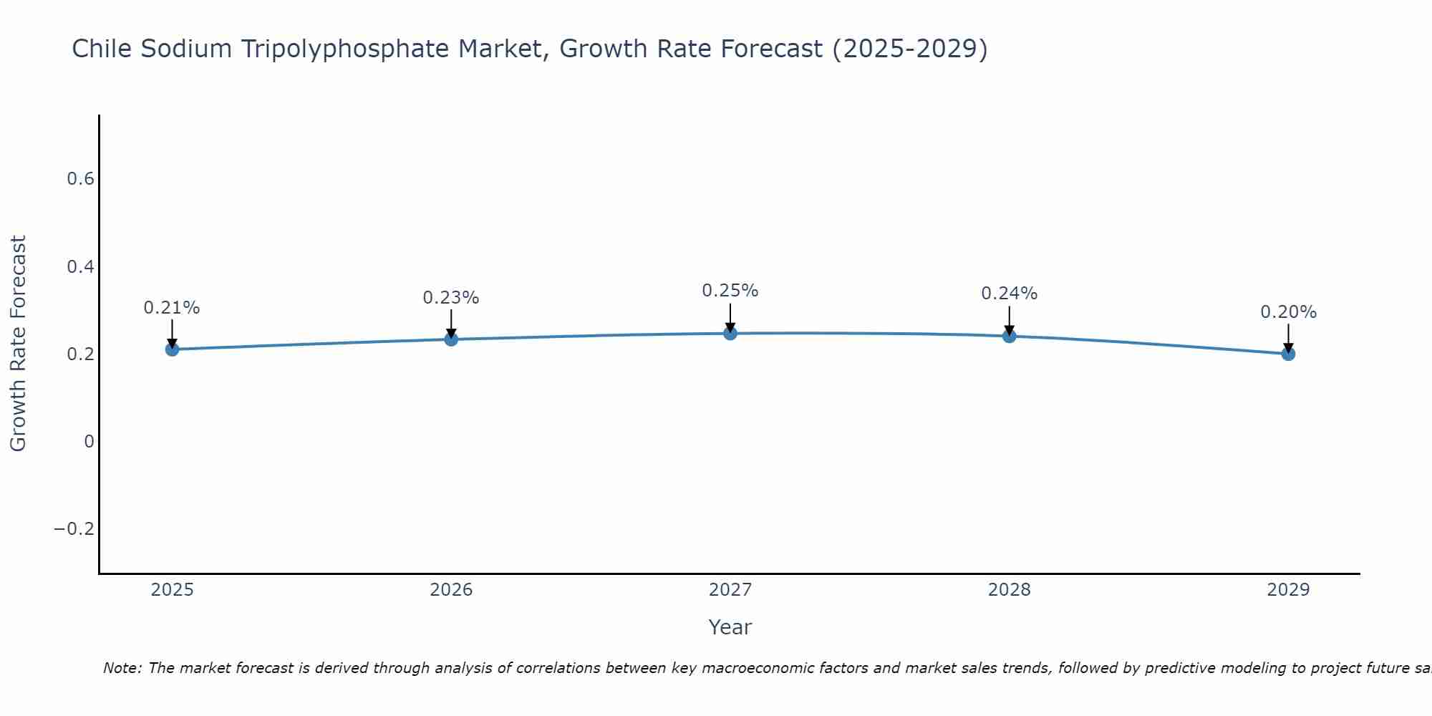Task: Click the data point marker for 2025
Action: coord(172,349)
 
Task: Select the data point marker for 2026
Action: coord(451,339)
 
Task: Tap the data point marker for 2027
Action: coord(730,333)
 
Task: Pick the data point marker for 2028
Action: coord(1010,336)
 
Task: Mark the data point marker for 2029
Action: coord(1288,354)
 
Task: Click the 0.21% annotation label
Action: coord(172,308)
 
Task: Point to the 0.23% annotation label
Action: coord(451,298)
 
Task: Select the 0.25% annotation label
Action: coord(730,291)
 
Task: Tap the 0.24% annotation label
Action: coord(1010,294)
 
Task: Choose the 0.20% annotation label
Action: coord(1288,312)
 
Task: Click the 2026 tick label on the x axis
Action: coord(451,590)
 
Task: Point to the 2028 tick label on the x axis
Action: coord(1010,590)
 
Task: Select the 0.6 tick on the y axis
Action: coord(81,179)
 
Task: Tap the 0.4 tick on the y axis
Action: coord(81,267)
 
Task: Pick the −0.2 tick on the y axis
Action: coord(74,529)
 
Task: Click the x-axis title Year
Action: coord(730,627)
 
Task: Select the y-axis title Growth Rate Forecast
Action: coord(19,344)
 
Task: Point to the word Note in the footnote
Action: coord(122,668)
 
